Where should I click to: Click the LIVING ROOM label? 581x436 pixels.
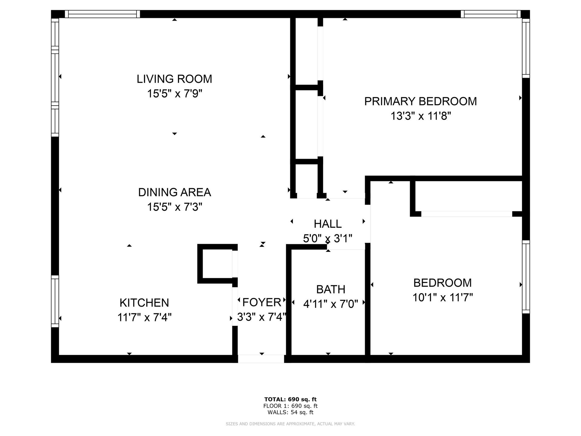(x=174, y=79)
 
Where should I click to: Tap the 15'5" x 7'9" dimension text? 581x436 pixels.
(x=175, y=94)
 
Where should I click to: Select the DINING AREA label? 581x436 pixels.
(x=175, y=192)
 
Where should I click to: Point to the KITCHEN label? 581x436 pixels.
(x=144, y=303)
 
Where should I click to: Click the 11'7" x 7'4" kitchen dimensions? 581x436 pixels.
(x=144, y=318)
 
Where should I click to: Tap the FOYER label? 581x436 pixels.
(x=262, y=302)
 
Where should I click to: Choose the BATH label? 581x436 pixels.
(x=331, y=289)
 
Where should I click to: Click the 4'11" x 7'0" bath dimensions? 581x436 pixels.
(x=331, y=304)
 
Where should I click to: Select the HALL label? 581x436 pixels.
(x=328, y=224)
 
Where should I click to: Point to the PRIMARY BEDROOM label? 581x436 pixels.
(x=421, y=101)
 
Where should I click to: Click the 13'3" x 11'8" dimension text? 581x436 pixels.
(x=421, y=116)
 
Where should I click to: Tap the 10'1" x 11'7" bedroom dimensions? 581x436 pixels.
(x=443, y=298)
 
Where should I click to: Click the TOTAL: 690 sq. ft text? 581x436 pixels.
(x=290, y=399)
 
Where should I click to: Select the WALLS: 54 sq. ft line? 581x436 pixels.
(x=290, y=412)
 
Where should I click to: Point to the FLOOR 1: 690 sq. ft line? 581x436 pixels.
(x=290, y=406)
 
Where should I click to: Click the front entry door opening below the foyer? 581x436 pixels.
(x=261, y=359)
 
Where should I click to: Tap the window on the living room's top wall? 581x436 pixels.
(x=103, y=14)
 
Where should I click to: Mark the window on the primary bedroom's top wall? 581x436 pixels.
(x=491, y=14)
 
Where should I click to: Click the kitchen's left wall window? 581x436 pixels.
(x=55, y=301)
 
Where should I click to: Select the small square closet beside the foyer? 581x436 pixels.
(x=217, y=264)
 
